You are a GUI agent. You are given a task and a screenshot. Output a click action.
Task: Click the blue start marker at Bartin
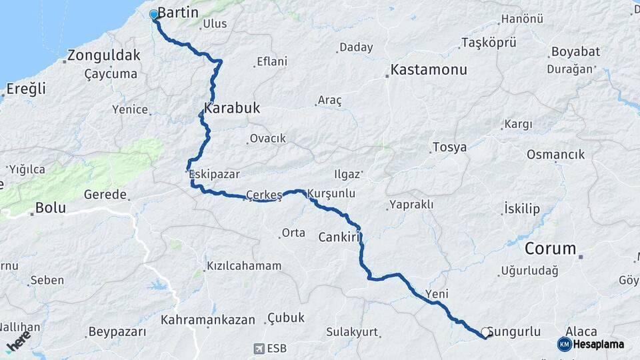pos(154,14)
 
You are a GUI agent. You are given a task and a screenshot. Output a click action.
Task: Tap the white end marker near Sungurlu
pos(486,331)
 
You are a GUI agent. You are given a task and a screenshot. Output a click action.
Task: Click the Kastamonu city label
pos(429,69)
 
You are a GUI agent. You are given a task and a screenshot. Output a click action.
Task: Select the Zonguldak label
pos(103,55)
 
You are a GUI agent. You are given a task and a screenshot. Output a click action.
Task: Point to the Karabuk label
pos(232,108)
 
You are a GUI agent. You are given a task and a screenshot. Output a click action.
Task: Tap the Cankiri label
pos(339,237)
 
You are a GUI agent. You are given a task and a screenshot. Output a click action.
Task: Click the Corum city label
pos(550,249)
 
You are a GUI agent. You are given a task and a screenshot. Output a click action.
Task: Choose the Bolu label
pos(50,207)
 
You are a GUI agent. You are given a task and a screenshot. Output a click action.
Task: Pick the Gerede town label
pos(105,195)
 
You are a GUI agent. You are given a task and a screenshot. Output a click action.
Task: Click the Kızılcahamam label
pos(244,265)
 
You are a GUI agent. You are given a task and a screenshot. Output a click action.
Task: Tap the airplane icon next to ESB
pos(259,348)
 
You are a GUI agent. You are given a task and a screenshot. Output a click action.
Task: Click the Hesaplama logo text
pos(598,344)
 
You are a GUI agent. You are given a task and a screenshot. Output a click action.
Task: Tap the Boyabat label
pos(575,51)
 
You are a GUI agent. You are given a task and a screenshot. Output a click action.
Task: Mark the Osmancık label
pos(555,155)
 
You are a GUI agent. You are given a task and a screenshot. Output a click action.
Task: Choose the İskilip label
pos(522,209)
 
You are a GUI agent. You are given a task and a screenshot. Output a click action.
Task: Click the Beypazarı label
pos(117,331)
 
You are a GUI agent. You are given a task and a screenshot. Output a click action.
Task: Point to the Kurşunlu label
pos(331,193)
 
